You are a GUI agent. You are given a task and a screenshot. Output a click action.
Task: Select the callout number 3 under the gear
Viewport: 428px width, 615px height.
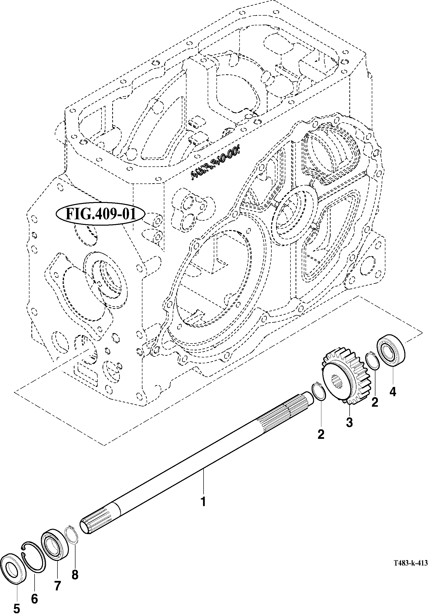(x=349, y=423)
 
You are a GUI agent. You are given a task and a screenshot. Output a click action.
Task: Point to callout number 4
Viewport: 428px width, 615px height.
(x=392, y=392)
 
